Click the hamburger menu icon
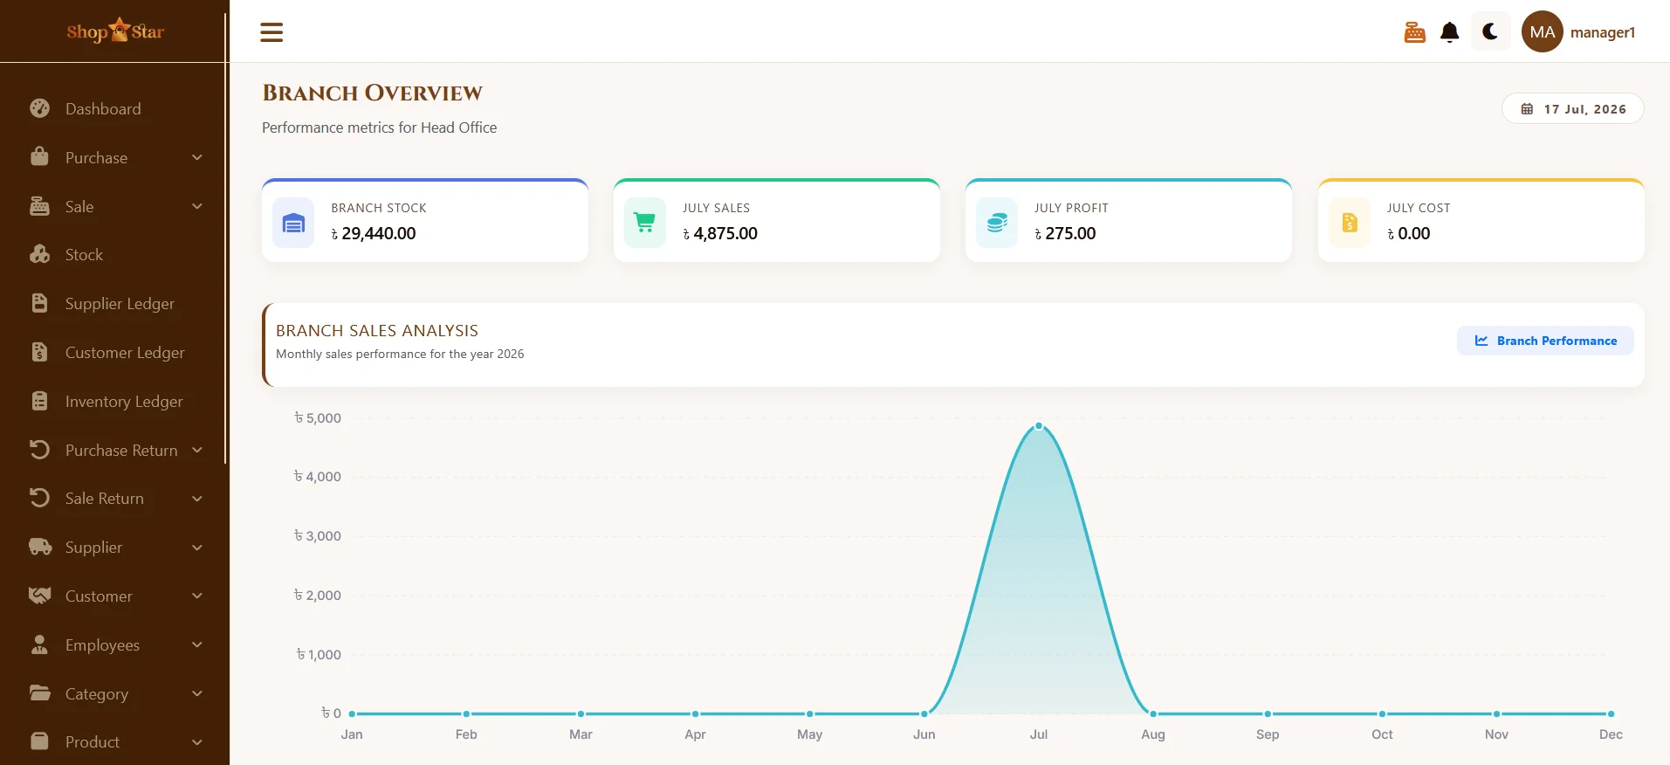271,32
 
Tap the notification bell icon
1449,32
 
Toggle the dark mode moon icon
1490,32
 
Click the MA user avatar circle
1542,32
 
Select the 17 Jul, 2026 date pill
1572,109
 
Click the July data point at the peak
1038,426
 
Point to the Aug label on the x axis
1152,734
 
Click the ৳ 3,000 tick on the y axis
318,536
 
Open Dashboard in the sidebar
103,109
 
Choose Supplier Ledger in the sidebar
120,304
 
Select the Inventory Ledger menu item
124,402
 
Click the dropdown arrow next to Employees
197,644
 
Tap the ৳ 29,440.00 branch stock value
374,233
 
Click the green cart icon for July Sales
645,224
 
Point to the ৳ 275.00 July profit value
1065,233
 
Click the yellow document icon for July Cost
1350,224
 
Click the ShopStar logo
115,31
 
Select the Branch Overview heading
373,93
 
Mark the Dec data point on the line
1611,713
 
